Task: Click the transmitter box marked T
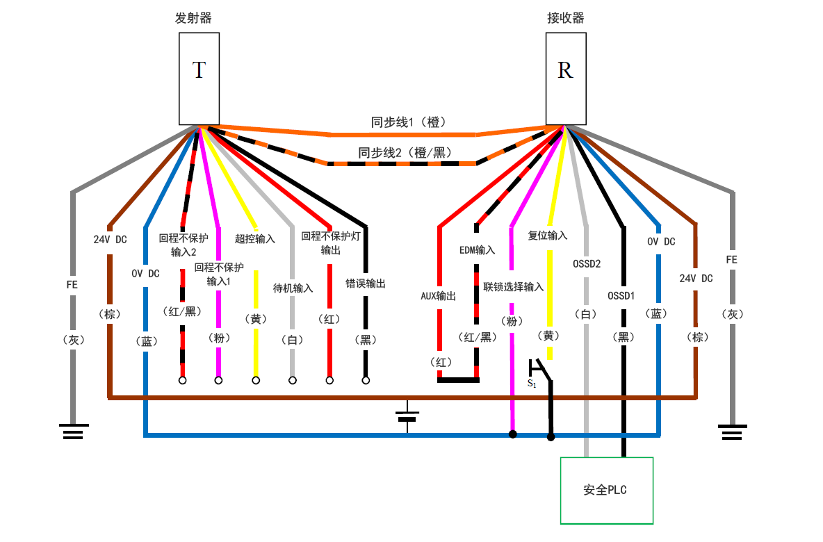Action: point(199,79)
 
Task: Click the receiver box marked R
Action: point(566,79)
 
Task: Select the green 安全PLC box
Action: point(606,490)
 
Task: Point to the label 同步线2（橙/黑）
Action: point(404,152)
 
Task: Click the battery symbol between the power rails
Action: point(407,415)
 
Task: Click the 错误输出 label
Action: point(366,284)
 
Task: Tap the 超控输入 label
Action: point(255,238)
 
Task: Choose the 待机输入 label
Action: point(293,288)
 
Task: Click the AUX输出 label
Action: point(439,296)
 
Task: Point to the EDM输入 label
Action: point(477,249)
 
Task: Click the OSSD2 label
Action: point(586,264)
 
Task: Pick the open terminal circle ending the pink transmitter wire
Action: point(219,380)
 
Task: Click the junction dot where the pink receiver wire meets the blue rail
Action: point(512,435)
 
